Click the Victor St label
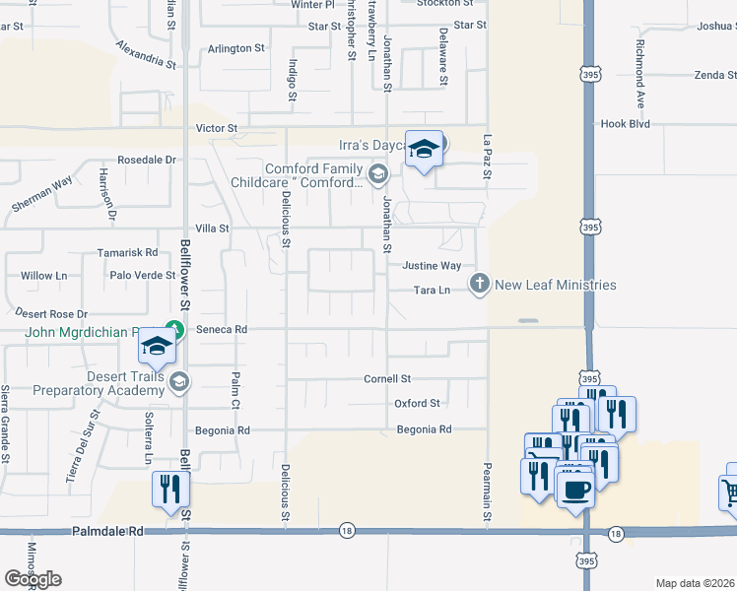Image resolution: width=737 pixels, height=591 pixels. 217,128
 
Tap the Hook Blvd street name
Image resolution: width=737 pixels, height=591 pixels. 626,124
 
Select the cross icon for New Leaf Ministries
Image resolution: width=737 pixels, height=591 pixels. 480,285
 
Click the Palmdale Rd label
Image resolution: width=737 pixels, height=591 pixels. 107,531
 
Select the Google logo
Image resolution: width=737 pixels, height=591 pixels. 33,579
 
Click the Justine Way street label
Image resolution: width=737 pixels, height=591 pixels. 432,266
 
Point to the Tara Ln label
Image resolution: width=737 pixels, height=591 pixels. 432,291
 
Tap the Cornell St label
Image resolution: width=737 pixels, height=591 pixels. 387,378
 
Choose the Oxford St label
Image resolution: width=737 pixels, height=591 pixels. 417,403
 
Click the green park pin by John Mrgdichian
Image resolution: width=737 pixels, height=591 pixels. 173,328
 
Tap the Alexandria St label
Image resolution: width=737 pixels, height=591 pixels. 145,54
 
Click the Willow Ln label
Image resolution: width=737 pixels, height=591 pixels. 43,276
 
